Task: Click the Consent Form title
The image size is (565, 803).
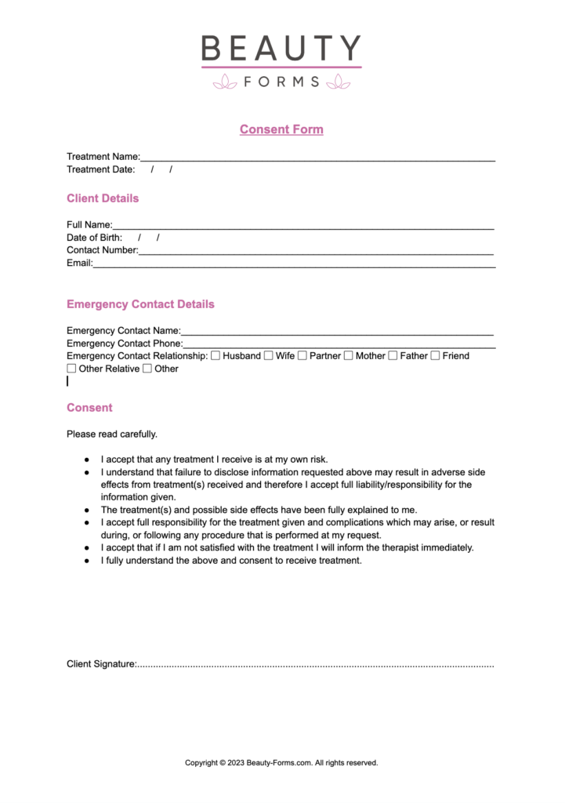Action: click(281, 129)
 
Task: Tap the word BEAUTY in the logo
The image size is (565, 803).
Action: click(281, 49)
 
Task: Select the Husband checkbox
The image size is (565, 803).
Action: click(215, 356)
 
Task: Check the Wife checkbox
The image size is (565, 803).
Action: click(268, 356)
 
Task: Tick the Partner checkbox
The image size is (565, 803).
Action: click(302, 356)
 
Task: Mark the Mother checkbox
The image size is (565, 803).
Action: click(348, 356)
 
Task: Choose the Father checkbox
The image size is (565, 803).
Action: click(393, 356)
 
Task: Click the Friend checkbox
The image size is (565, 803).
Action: click(435, 356)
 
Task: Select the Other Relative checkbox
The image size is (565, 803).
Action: click(71, 369)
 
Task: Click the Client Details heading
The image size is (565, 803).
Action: click(103, 198)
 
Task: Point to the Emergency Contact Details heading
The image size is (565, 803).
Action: click(140, 304)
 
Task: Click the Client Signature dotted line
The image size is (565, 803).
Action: click(315, 666)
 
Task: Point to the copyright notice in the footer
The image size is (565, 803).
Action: click(281, 762)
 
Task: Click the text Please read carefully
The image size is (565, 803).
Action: click(112, 434)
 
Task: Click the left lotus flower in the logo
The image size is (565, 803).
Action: click(225, 81)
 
